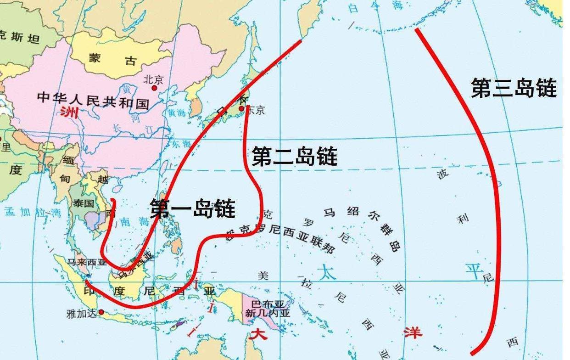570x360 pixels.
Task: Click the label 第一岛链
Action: coord(193,209)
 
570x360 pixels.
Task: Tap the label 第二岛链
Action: coord(295,156)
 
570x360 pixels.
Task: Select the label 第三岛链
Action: coord(514,88)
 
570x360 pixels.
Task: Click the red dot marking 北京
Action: coord(155,88)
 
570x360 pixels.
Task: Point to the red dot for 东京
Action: coord(241,108)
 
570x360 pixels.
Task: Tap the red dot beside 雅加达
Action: coord(101,312)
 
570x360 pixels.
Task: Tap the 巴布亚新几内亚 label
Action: coord(268,309)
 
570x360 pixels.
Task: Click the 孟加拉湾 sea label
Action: coord(33,212)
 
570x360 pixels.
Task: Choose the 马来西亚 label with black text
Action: coord(87,263)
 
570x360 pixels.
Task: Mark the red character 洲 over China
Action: coord(69,112)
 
